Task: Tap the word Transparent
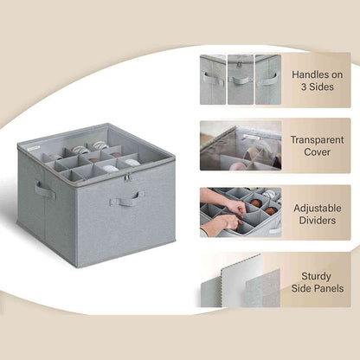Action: (318, 138)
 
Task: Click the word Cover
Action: (318, 152)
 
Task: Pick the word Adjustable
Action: (318, 209)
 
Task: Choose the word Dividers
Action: (318, 222)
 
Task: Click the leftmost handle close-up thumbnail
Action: (212, 80)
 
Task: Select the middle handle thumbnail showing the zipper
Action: (240, 80)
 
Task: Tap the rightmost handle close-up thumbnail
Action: (267, 80)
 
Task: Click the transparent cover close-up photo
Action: (240, 145)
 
